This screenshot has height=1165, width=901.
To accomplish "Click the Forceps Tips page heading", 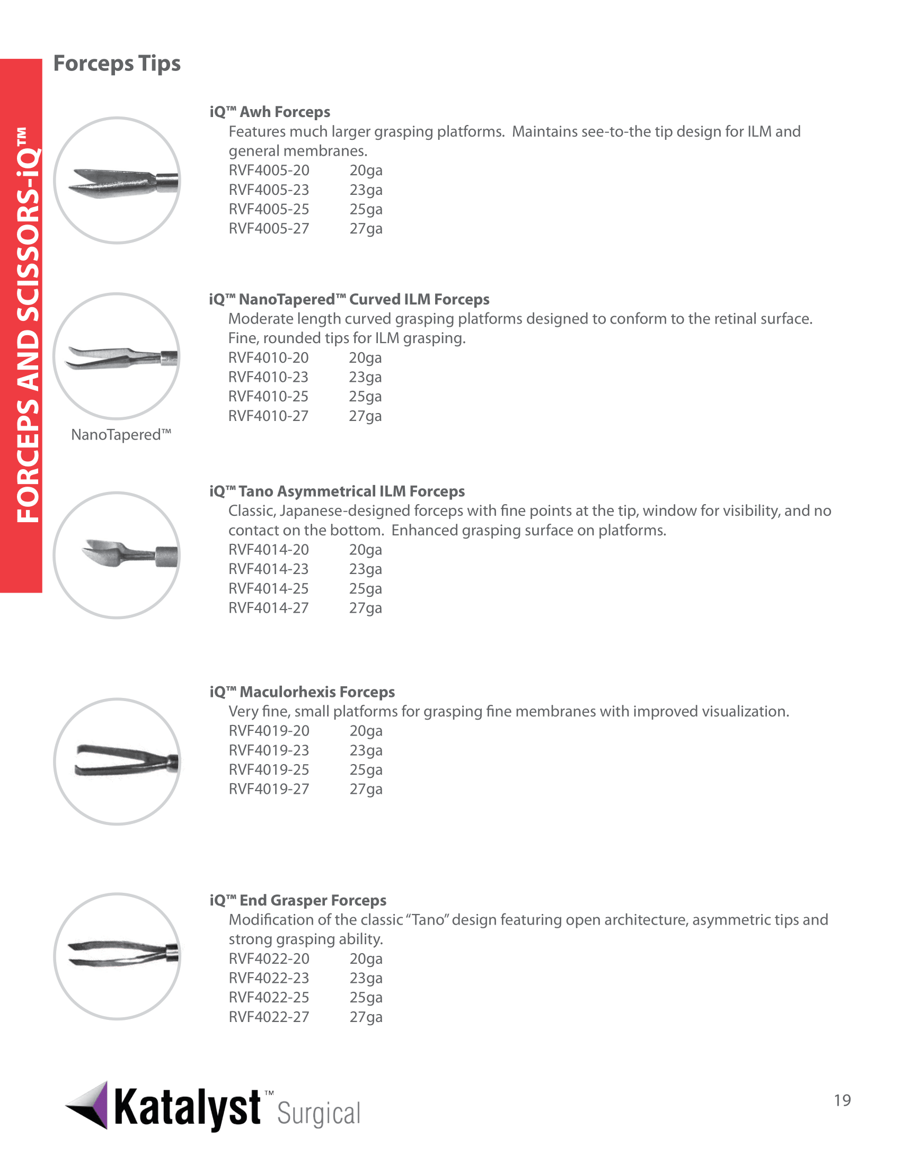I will pyautogui.click(x=117, y=64).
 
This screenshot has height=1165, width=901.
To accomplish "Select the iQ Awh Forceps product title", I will pyautogui.click(x=270, y=112).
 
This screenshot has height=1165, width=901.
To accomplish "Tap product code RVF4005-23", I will pyautogui.click(x=269, y=190).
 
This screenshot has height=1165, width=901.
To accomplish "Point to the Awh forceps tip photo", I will pyautogui.click(x=118, y=181).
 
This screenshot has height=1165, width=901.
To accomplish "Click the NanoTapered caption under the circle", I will pyautogui.click(x=121, y=435).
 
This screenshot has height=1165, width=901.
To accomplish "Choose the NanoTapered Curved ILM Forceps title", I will pyautogui.click(x=349, y=299).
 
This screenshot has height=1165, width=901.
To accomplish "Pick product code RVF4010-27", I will pyautogui.click(x=269, y=416).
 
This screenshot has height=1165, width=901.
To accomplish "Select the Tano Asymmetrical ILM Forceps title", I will pyautogui.click(x=337, y=491).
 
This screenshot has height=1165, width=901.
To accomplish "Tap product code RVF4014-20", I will pyautogui.click(x=269, y=550).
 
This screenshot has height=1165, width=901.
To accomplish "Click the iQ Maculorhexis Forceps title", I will pyautogui.click(x=302, y=692).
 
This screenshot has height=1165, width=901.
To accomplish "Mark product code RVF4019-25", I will pyautogui.click(x=269, y=770).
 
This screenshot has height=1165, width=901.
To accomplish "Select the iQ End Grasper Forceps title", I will pyautogui.click(x=298, y=900).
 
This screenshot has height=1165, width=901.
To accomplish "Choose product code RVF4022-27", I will pyautogui.click(x=269, y=1017).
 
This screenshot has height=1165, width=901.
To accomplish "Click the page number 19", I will pyautogui.click(x=842, y=1100).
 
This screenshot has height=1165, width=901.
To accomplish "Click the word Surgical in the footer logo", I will pyautogui.click(x=319, y=1114).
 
